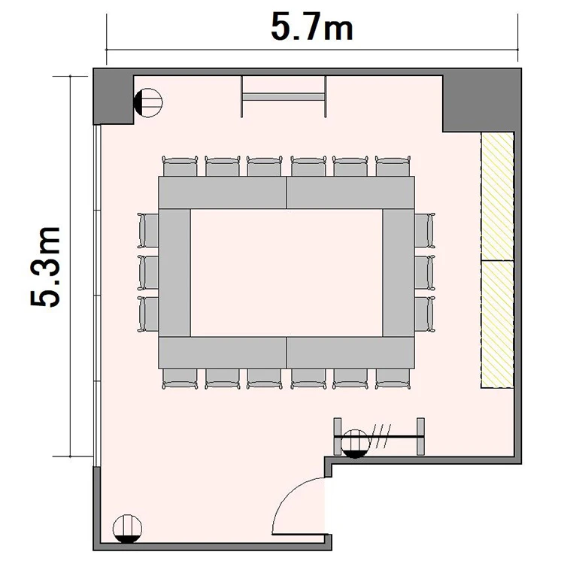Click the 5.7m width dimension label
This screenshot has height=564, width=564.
pyautogui.click(x=312, y=27)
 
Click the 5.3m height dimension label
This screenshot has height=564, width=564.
pyautogui.click(x=46, y=266)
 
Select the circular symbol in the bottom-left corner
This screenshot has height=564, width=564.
pyautogui.click(x=127, y=529)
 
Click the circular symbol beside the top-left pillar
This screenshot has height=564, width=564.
pyautogui.click(x=148, y=102)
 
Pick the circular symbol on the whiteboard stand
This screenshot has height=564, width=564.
pyautogui.click(x=355, y=444)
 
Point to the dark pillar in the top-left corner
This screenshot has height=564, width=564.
pyautogui.click(x=114, y=96)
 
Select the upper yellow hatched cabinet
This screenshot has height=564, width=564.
pyautogui.click(x=498, y=196)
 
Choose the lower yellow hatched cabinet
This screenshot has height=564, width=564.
pyautogui.click(x=498, y=324)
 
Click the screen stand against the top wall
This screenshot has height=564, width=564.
pyautogui.click(x=284, y=96)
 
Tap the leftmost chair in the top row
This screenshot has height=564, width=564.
pyautogui.click(x=180, y=166)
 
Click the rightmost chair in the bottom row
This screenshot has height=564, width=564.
pyautogui.click(x=393, y=379)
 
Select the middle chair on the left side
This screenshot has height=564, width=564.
pyautogui.click(x=148, y=272)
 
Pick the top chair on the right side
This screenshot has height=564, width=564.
pyautogui.click(x=425, y=230)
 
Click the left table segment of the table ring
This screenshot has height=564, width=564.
pyautogui.click(x=174, y=273)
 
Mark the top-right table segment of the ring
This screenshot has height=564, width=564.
pyautogui.click(x=350, y=193)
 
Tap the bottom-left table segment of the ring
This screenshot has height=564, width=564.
pyautogui.click(x=223, y=353)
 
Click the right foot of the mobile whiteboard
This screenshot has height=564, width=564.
pyautogui.click(x=420, y=436)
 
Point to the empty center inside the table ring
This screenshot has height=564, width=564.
pyautogui.click(x=287, y=273)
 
